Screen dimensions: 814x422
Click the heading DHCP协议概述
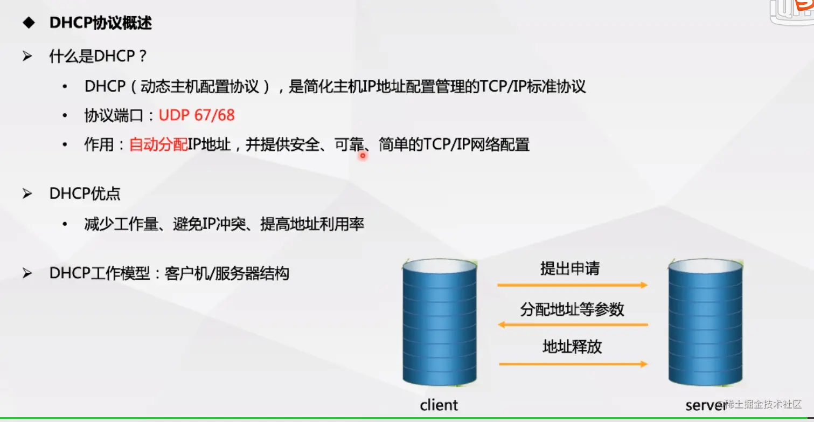coord(100,23)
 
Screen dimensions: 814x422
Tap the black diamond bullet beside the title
coord(29,23)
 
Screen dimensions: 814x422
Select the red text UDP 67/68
coord(197,115)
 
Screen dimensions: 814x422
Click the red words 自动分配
coord(158,144)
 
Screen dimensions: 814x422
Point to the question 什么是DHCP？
coord(98,56)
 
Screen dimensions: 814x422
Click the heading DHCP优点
coord(85,193)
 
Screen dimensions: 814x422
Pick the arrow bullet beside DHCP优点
coord(27,193)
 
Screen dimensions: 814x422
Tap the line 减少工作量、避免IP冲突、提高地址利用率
coord(224,224)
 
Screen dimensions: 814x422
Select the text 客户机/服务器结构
coord(227,273)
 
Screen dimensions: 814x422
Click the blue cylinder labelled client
coord(440,322)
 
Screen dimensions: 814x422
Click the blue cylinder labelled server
coord(705,322)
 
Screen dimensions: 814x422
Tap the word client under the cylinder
coord(439,405)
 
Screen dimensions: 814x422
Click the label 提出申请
coord(570,268)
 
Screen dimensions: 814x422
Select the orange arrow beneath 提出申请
coord(572,285)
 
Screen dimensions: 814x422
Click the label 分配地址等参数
coord(572,309)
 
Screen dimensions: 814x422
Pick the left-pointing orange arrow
coord(573,324)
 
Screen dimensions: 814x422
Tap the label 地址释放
coord(572,347)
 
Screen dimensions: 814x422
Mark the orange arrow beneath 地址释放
coord(573,364)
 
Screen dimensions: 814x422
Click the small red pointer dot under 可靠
coord(363,156)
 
